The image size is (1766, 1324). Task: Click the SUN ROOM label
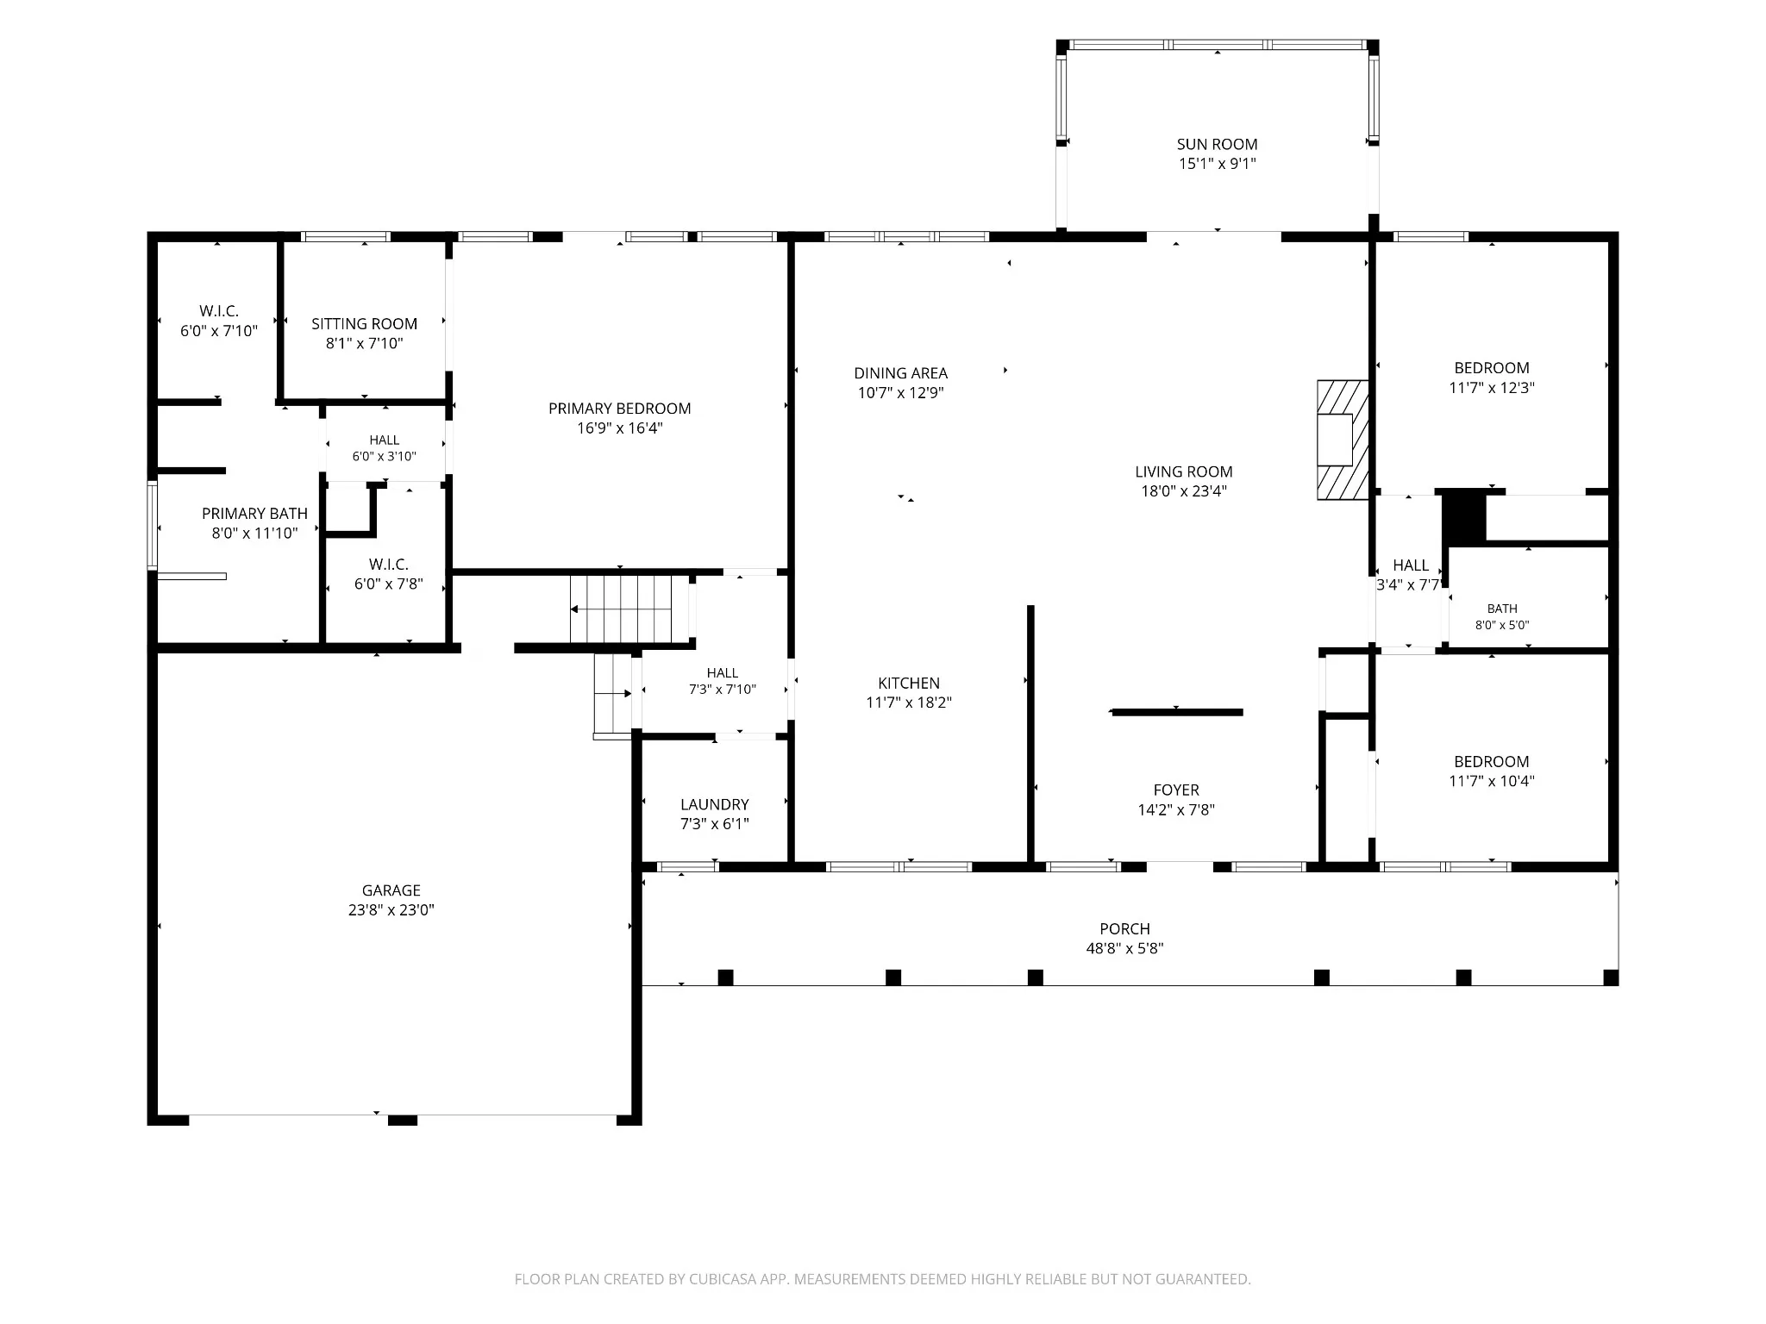1217,144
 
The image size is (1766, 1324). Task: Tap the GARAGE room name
391,890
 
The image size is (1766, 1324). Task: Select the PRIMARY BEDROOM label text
620,409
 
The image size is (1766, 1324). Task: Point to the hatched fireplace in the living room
1343,440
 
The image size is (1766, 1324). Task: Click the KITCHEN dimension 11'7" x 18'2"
909,703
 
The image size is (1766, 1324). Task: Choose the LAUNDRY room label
715,804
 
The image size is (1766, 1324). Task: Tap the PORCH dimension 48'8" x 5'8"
1125,948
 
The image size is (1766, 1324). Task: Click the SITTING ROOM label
364,324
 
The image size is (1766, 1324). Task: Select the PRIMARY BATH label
254,514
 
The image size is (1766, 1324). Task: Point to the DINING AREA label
901,373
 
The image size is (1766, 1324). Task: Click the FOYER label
1176,790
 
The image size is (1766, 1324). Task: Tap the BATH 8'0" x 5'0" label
1502,616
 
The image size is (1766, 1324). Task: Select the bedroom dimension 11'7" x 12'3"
1492,388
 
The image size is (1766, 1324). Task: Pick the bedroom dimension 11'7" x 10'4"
1492,782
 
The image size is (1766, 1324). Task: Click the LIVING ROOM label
1184,472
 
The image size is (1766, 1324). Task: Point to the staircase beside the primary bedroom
621,609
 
